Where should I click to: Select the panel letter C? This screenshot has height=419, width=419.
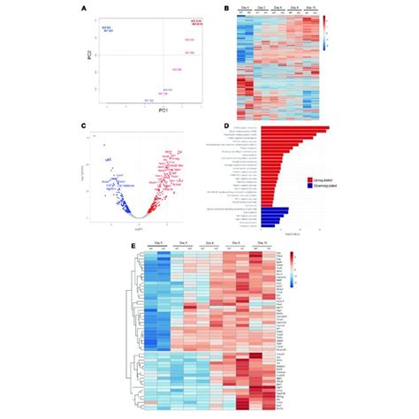tap(84, 126)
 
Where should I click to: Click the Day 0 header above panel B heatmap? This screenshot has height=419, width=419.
tap(246, 8)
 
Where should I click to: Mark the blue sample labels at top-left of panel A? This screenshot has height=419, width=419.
tap(108, 29)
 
